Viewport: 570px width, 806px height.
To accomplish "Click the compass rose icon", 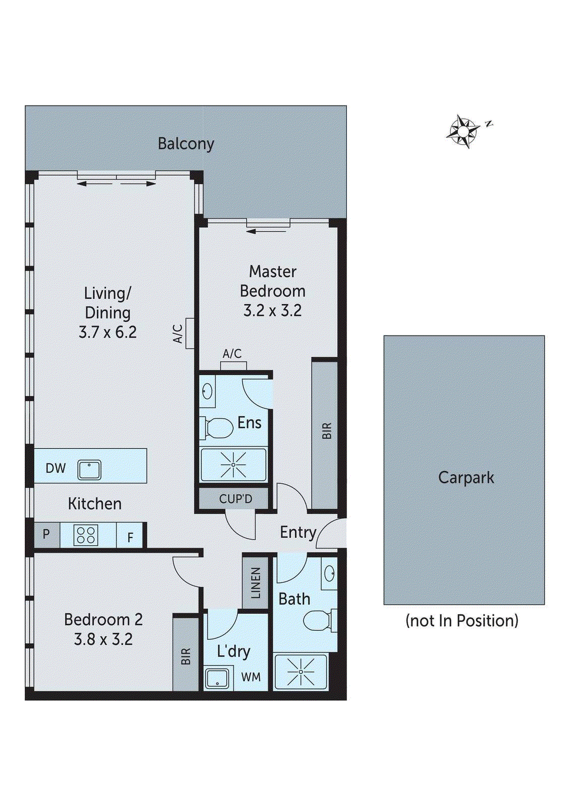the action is tap(463, 131).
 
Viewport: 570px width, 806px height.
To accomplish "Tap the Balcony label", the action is tap(186, 144).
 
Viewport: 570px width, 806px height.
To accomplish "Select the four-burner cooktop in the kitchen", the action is tap(86, 534).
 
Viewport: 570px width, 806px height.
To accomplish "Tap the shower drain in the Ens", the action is tap(234, 465).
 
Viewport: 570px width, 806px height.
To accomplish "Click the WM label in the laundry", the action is tap(251, 677).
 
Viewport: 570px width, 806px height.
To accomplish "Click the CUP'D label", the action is tap(236, 499).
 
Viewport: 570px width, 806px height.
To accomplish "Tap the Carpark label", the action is tap(466, 478).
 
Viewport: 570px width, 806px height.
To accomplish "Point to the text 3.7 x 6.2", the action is tap(108, 332).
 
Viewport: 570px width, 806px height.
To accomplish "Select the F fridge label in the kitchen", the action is tap(131, 538).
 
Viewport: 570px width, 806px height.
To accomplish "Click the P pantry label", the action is tap(46, 534).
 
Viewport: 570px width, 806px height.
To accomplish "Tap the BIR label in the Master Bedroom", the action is tap(327, 430).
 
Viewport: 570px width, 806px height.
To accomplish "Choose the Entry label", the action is tap(298, 532).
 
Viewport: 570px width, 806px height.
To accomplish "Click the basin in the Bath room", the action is tap(329, 572).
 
